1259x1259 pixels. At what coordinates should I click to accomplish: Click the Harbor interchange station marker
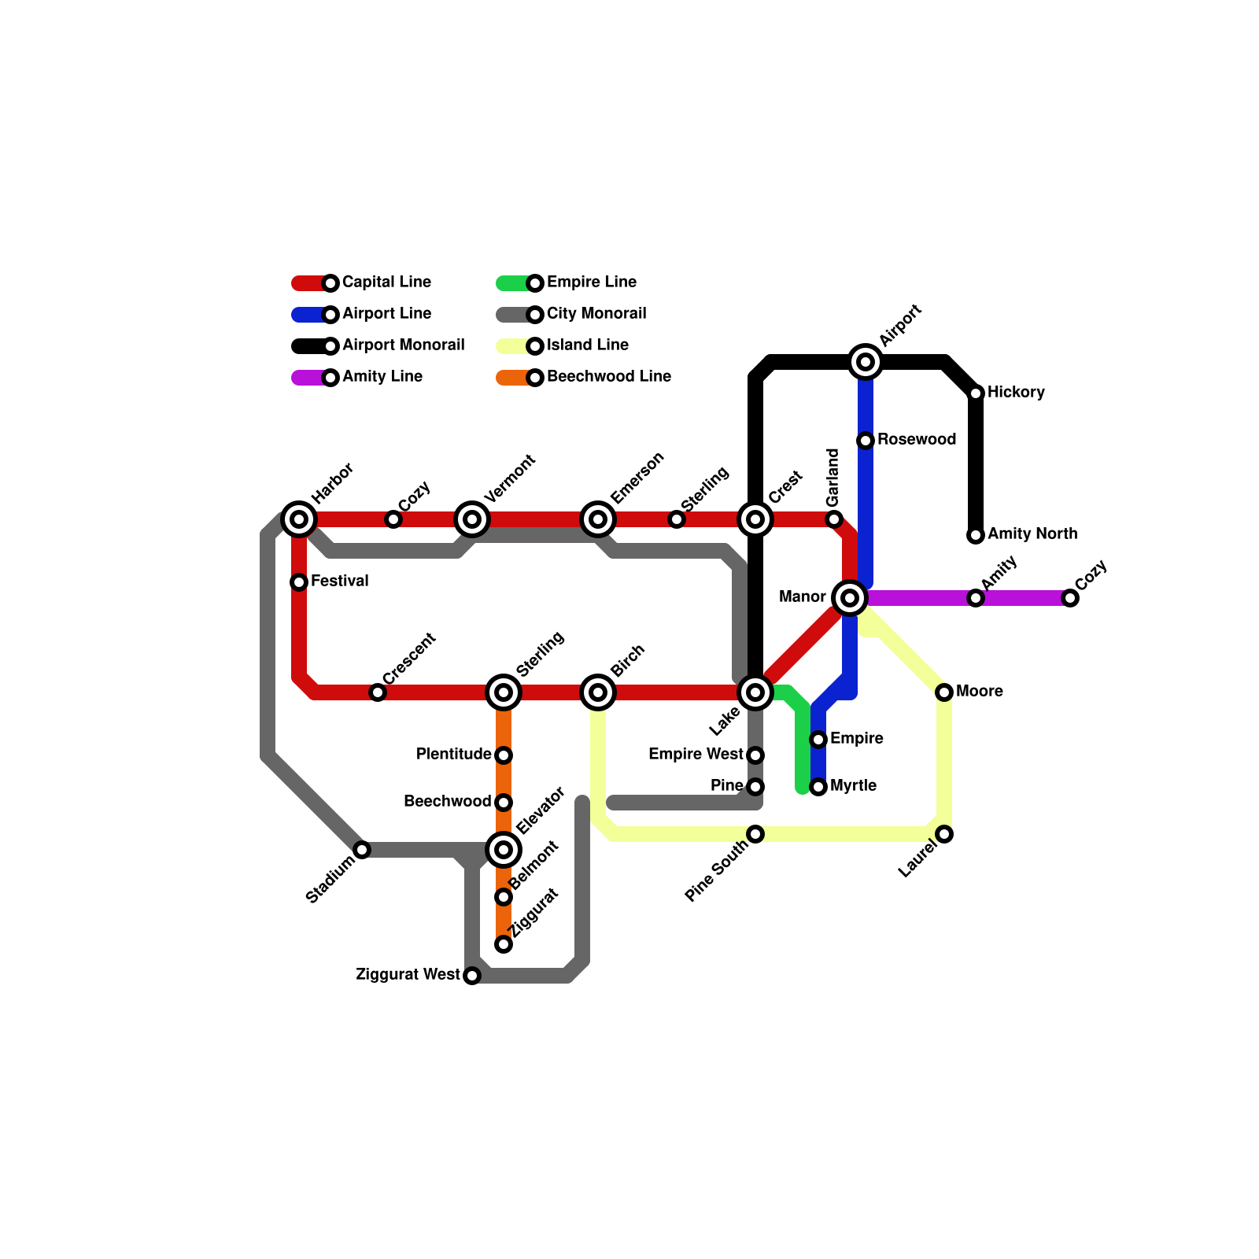click(x=299, y=519)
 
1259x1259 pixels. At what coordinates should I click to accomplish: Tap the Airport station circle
click(x=866, y=362)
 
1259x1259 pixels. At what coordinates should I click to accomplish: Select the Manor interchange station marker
click(x=850, y=598)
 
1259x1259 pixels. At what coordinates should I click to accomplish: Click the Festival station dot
click(x=299, y=582)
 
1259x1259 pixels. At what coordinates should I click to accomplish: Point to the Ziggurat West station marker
click(x=472, y=976)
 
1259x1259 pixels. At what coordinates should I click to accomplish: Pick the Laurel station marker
click(x=944, y=834)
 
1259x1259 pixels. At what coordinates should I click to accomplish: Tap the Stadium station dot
click(x=362, y=850)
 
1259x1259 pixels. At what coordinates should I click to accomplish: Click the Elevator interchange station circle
click(x=504, y=850)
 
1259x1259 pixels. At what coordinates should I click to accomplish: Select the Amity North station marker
click(x=976, y=535)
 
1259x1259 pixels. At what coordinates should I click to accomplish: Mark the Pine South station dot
click(x=755, y=834)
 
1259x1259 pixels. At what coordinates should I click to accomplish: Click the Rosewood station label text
click(x=917, y=440)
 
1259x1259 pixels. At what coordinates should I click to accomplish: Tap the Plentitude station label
click(x=454, y=755)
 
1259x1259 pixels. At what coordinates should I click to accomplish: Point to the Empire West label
click(x=696, y=755)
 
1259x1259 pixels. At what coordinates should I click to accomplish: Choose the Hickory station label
click(x=1016, y=393)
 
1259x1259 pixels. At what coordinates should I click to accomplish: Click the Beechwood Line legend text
click(x=608, y=377)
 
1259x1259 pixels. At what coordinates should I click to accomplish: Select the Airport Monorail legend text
click(x=403, y=345)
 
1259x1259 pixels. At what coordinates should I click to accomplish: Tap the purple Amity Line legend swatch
click(x=308, y=378)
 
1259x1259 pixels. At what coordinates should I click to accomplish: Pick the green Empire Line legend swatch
click(x=513, y=283)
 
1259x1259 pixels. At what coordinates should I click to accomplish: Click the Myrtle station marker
click(x=818, y=787)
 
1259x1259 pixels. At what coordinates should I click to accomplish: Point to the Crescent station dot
click(x=378, y=692)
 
